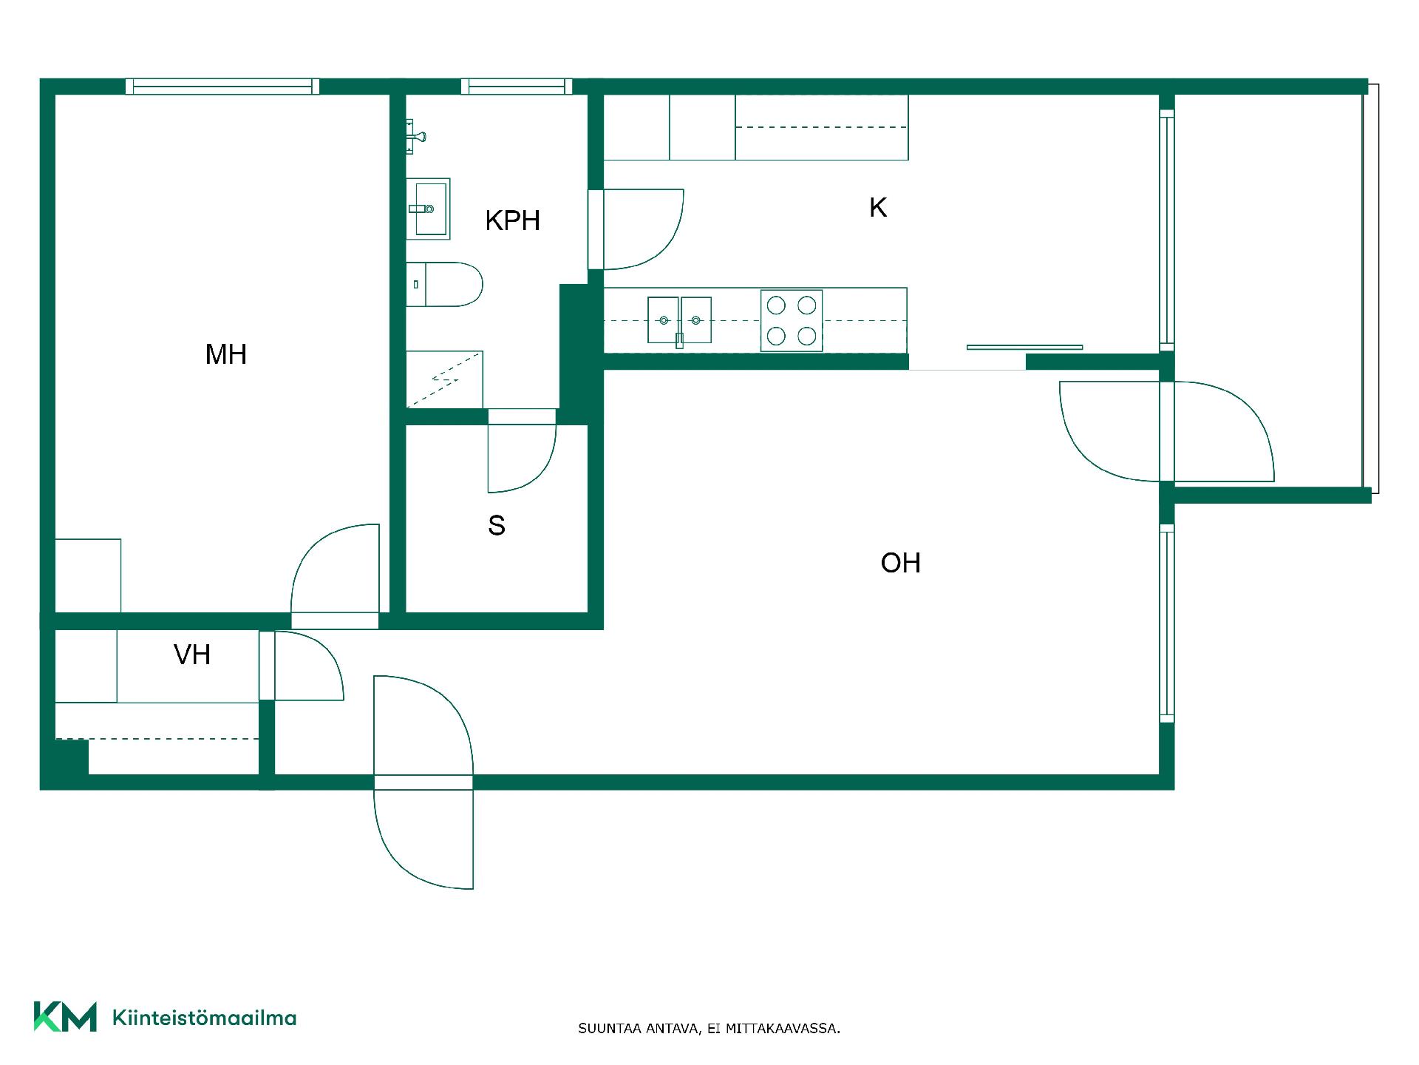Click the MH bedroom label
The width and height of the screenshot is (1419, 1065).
225,355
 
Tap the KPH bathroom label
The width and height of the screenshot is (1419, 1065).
513,220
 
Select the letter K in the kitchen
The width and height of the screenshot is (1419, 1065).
878,208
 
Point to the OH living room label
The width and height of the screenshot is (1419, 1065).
900,564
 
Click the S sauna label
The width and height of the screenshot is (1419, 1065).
497,526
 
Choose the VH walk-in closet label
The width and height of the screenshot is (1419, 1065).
192,655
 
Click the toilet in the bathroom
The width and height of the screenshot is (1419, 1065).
444,284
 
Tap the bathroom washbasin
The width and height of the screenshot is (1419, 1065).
428,209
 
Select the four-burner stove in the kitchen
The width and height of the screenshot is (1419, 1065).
792,320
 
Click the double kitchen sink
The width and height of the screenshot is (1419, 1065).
679,320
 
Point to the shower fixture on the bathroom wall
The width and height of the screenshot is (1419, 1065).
415,137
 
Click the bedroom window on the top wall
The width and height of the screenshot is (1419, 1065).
222,87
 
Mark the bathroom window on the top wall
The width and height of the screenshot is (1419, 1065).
517,87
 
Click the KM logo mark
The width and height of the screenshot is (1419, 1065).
65,1017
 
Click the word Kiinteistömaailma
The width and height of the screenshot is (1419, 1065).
205,1018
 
